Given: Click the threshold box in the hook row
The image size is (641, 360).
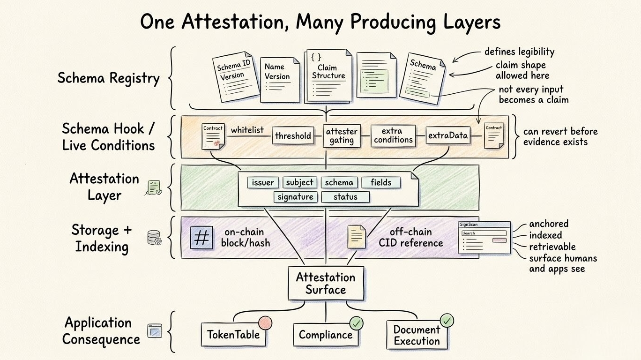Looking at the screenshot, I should (x=293, y=136).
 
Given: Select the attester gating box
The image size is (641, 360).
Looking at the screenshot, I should (x=342, y=136).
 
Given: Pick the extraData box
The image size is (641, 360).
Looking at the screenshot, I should (x=447, y=136).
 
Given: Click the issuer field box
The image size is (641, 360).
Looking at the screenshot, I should (x=262, y=182).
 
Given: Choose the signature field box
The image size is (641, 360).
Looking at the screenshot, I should (x=295, y=197).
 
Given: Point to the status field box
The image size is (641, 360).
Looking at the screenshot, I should (x=345, y=197).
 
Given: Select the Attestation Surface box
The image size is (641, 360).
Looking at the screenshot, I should (x=326, y=283).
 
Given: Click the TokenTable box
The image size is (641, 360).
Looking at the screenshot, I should (x=230, y=335).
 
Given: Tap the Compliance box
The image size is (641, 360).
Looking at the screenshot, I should (x=326, y=335).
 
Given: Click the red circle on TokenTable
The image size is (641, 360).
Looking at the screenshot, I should (x=265, y=322).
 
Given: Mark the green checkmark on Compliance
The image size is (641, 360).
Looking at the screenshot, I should (x=357, y=322).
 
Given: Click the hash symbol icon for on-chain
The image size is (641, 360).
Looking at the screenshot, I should (x=201, y=237).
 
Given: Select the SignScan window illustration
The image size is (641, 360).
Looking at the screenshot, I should (x=484, y=239).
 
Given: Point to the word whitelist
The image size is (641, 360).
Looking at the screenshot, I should (x=247, y=130).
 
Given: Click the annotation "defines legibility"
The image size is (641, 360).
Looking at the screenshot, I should (x=519, y=52).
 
